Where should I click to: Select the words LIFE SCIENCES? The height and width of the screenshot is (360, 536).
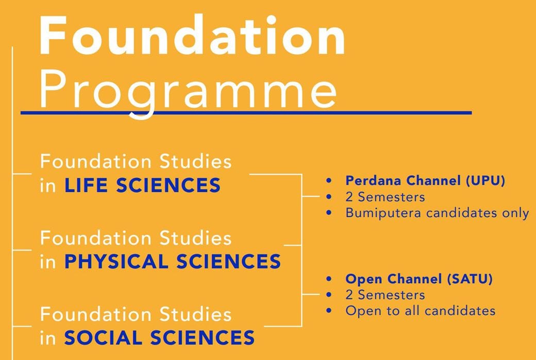[142, 185]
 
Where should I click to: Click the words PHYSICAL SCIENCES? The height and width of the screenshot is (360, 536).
[173, 262]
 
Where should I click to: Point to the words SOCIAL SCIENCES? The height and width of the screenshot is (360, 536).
[159, 338]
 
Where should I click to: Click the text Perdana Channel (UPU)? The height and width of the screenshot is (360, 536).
[425, 181]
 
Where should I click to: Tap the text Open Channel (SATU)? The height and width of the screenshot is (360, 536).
[418, 279]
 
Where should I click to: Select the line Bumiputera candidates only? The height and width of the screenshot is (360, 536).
[437, 213]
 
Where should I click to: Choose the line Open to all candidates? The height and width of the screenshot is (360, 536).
[421, 311]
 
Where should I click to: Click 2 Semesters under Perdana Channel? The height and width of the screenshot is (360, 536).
[386, 197]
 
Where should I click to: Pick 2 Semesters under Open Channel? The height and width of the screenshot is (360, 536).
[386, 295]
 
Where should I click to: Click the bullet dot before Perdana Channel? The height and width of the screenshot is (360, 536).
[329, 181]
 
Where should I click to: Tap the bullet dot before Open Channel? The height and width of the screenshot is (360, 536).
[329, 279]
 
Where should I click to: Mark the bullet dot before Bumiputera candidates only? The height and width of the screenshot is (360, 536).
[329, 213]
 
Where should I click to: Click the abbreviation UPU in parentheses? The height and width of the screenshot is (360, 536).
[485, 181]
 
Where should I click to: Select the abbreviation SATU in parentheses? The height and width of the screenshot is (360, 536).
[470, 279]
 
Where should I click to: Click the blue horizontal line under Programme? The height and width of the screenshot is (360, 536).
[246, 112]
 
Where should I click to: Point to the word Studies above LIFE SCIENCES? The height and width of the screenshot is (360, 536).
[195, 162]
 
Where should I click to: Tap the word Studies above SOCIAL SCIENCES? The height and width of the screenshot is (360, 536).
[195, 314]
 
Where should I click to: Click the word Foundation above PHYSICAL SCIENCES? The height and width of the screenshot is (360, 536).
[96, 238]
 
